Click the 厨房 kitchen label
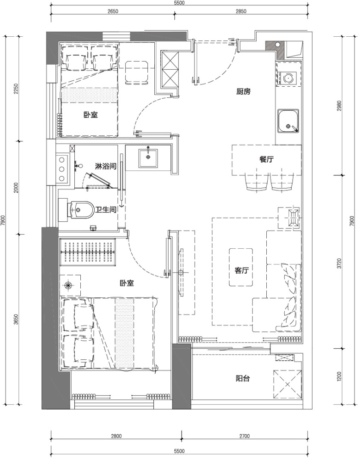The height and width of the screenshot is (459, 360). pos(243,92)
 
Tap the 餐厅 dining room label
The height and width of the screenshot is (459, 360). pos(266,160)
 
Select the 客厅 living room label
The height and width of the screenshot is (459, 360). pos(242,270)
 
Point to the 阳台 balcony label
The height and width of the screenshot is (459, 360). pos(243,379)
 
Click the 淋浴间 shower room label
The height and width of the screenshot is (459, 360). pos(106,167)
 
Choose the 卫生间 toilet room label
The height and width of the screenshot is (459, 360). pos(106,210)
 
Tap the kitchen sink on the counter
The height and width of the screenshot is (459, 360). pos(288,121)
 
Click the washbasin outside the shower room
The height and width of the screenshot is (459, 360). pos(148,158)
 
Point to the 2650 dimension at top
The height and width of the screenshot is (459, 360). pos(113,11)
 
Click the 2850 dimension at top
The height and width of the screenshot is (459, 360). pos(241,11)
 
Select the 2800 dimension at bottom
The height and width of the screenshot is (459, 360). pos(116,436)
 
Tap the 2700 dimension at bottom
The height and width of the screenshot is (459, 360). pos(244,436)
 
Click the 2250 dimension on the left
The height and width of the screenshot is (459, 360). pos(16,89)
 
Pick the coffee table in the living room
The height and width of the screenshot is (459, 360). pos(241,267)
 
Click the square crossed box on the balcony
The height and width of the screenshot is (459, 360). pos(287,384)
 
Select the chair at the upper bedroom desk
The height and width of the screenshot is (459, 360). pos(136,73)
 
